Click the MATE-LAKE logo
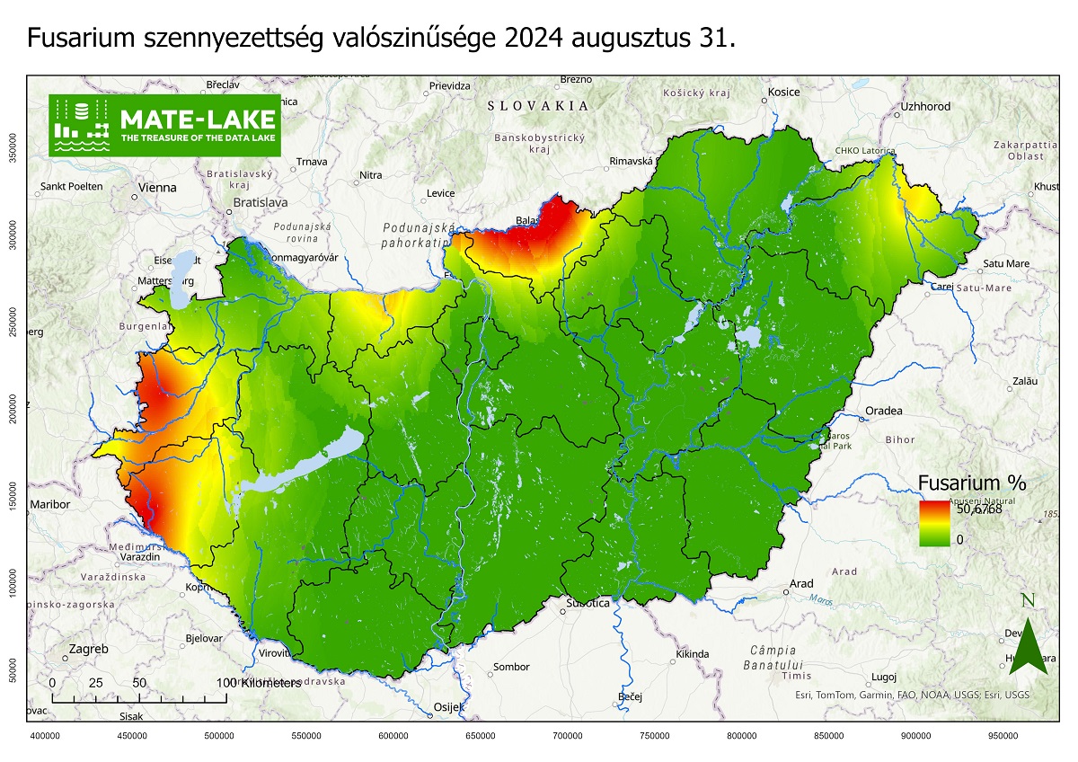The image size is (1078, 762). click(x=164, y=125)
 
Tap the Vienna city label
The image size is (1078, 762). click(x=157, y=189)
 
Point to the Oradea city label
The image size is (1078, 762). click(x=883, y=412)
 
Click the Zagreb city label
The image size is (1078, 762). click(x=88, y=649)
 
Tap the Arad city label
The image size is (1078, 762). click(x=801, y=584)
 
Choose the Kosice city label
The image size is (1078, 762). click(x=783, y=92)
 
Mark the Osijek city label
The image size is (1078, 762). click(x=449, y=706)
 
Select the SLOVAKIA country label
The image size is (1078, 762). click(x=538, y=105)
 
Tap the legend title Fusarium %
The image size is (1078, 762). click(x=971, y=483)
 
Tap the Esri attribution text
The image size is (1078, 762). click(x=912, y=695)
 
